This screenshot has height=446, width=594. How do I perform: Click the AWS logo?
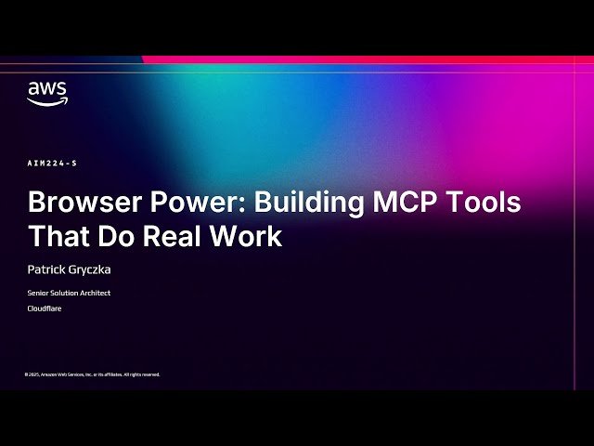(x=46, y=93)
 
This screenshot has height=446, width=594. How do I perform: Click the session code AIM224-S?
(x=52, y=164)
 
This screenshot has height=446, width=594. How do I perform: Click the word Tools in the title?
(x=486, y=203)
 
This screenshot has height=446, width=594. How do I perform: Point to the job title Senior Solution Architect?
(x=70, y=294)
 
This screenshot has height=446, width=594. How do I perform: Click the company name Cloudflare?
(x=44, y=308)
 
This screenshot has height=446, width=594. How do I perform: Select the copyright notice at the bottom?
(x=92, y=374)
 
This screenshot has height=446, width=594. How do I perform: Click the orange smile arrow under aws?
(x=47, y=102)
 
